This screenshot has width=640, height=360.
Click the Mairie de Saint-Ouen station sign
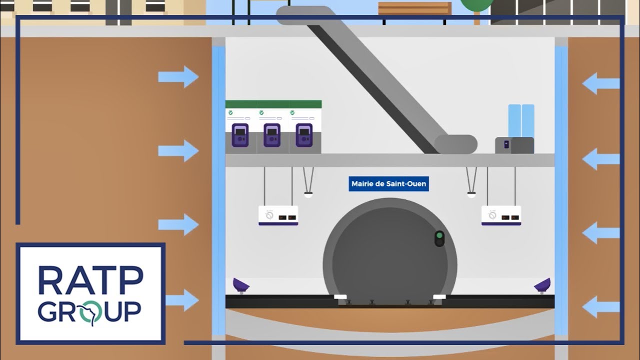[x=388, y=184]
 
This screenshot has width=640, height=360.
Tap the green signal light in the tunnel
[x=439, y=235]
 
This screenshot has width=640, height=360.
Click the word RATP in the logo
[x=90, y=280]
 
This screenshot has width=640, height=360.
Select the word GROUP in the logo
[x=89, y=311]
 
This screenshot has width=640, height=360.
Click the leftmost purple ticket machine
[x=240, y=135]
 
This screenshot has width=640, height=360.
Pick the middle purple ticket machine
[x=272, y=135]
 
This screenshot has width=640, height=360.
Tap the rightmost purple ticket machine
[x=304, y=135]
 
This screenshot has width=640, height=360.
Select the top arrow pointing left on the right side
[x=601, y=83]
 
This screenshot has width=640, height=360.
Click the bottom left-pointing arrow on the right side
[x=601, y=306]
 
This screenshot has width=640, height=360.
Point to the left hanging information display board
[x=278, y=215]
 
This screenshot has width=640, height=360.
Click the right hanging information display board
[x=501, y=215]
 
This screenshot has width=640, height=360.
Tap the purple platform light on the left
[x=241, y=285]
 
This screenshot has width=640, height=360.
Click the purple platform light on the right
[x=542, y=285]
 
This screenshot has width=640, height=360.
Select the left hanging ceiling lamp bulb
[x=308, y=194]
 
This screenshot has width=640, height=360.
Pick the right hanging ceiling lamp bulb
[x=471, y=194]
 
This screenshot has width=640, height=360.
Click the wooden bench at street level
[x=414, y=8]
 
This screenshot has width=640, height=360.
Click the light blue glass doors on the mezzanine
[x=521, y=120]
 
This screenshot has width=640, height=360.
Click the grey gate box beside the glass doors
[x=514, y=145]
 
